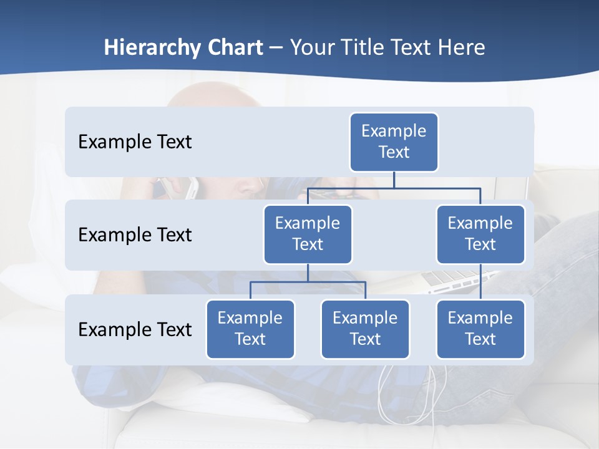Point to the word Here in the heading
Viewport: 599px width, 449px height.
click(460, 47)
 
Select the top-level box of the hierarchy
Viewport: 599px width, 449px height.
click(394, 142)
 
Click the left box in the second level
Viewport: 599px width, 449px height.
click(308, 234)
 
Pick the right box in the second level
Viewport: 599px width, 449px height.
click(480, 234)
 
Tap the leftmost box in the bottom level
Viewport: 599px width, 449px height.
click(250, 329)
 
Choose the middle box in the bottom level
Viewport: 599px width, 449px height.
click(365, 329)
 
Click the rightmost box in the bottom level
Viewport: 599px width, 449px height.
click(480, 329)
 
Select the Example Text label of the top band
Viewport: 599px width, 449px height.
click(135, 142)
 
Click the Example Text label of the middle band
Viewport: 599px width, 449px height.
click(135, 235)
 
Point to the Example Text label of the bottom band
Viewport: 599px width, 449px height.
click(135, 329)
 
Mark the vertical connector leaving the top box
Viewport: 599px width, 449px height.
click(394, 180)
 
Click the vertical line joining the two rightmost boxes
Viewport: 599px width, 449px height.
click(480, 282)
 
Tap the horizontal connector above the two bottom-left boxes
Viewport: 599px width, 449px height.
click(308, 282)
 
